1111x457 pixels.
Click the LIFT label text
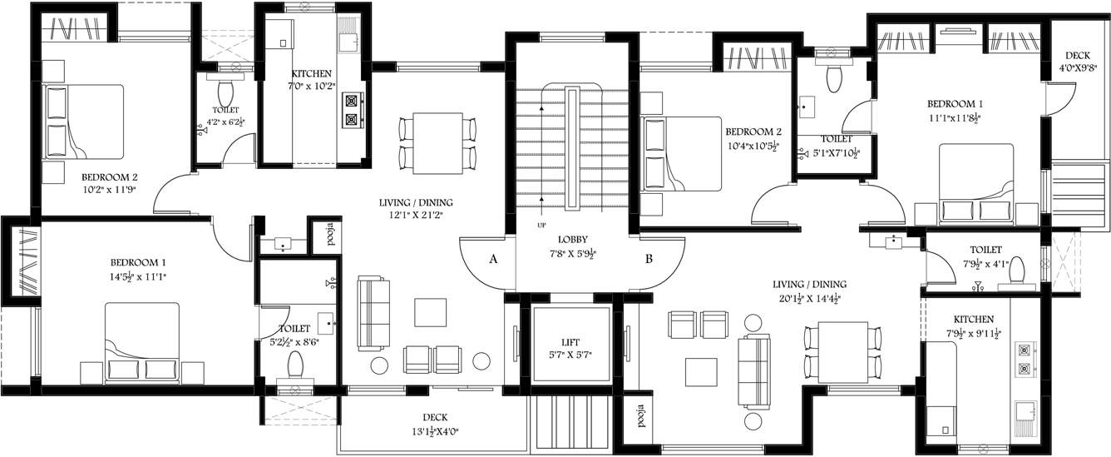570,341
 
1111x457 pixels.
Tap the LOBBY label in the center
574,239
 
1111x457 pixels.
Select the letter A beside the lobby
493,259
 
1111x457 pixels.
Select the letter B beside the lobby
649,259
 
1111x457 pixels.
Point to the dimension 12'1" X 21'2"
416,215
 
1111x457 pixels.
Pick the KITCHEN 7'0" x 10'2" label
312,80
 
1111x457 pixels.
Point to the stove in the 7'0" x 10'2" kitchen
353,109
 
